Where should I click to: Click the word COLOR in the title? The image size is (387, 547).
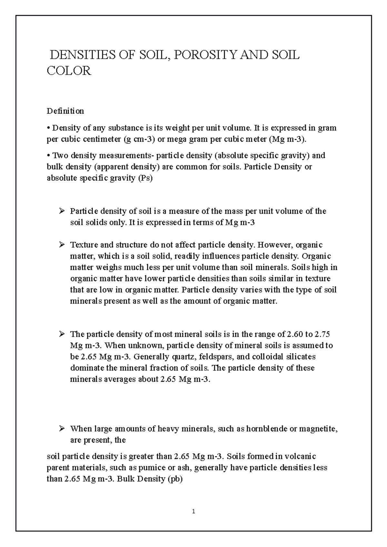tap(69, 71)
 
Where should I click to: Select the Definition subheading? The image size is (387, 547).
tap(65, 111)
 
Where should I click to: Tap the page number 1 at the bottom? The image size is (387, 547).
tap(193, 511)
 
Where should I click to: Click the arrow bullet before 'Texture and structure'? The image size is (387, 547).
tap(62, 245)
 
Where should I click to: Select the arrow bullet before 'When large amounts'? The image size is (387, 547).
tap(62, 429)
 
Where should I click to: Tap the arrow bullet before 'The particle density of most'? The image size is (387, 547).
tap(62, 334)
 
